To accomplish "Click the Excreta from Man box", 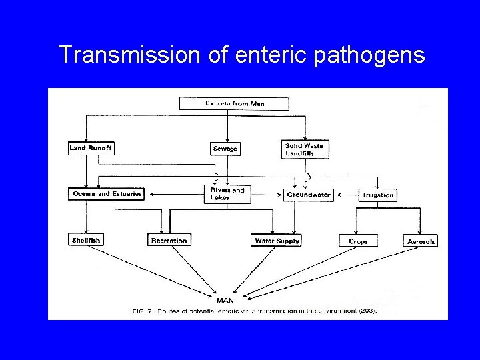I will click(x=234, y=103).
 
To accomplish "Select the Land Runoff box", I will click(x=91, y=148).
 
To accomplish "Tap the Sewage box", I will click(x=224, y=148).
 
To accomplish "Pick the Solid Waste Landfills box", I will click(x=307, y=149).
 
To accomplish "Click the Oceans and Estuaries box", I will click(x=105, y=194).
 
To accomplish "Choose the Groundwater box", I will click(x=308, y=195).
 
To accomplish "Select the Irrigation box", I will click(x=377, y=195).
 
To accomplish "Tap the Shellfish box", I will click(x=85, y=240).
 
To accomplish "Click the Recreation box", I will click(x=169, y=240).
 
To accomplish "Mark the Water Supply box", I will click(x=277, y=240).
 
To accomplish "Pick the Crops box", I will click(x=359, y=241).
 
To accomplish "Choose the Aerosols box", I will click(x=421, y=241).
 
